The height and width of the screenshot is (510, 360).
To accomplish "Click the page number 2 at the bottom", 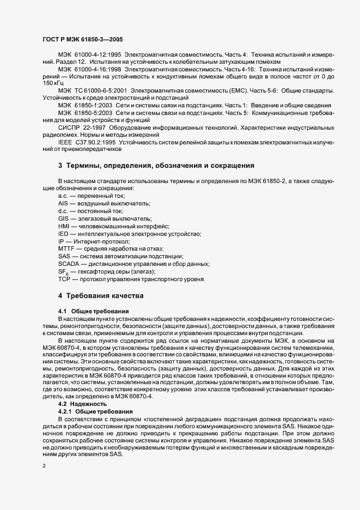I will [x=44, y=467].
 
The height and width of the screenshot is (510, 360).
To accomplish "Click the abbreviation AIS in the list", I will [x=64, y=203].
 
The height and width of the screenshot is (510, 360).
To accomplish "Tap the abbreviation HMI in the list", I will [x=64, y=226].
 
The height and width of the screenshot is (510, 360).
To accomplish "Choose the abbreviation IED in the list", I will [x=64, y=233].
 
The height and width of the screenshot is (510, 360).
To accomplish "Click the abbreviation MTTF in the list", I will [x=66, y=248].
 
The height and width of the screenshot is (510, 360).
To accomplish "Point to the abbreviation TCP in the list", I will [x=64, y=279].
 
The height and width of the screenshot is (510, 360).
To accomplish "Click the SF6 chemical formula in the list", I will [x=63, y=271].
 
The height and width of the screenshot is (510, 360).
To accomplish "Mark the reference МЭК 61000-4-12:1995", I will [x=90, y=56].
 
